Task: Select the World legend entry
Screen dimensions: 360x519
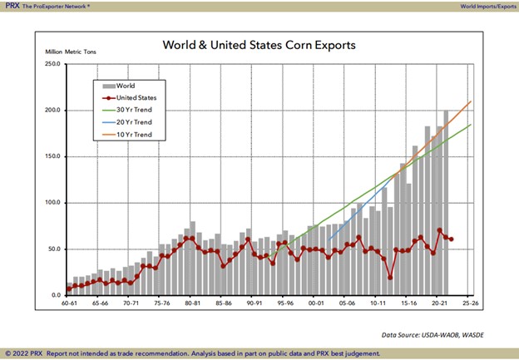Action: (x=126, y=85)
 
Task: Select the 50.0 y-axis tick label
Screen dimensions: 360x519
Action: (x=51, y=249)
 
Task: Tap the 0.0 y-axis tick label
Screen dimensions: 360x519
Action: (x=52, y=295)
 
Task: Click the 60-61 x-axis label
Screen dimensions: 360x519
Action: (x=69, y=304)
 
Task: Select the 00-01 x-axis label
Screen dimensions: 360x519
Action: (x=315, y=304)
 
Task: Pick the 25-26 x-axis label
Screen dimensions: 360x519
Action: (x=469, y=304)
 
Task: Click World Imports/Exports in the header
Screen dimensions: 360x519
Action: (x=487, y=6)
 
